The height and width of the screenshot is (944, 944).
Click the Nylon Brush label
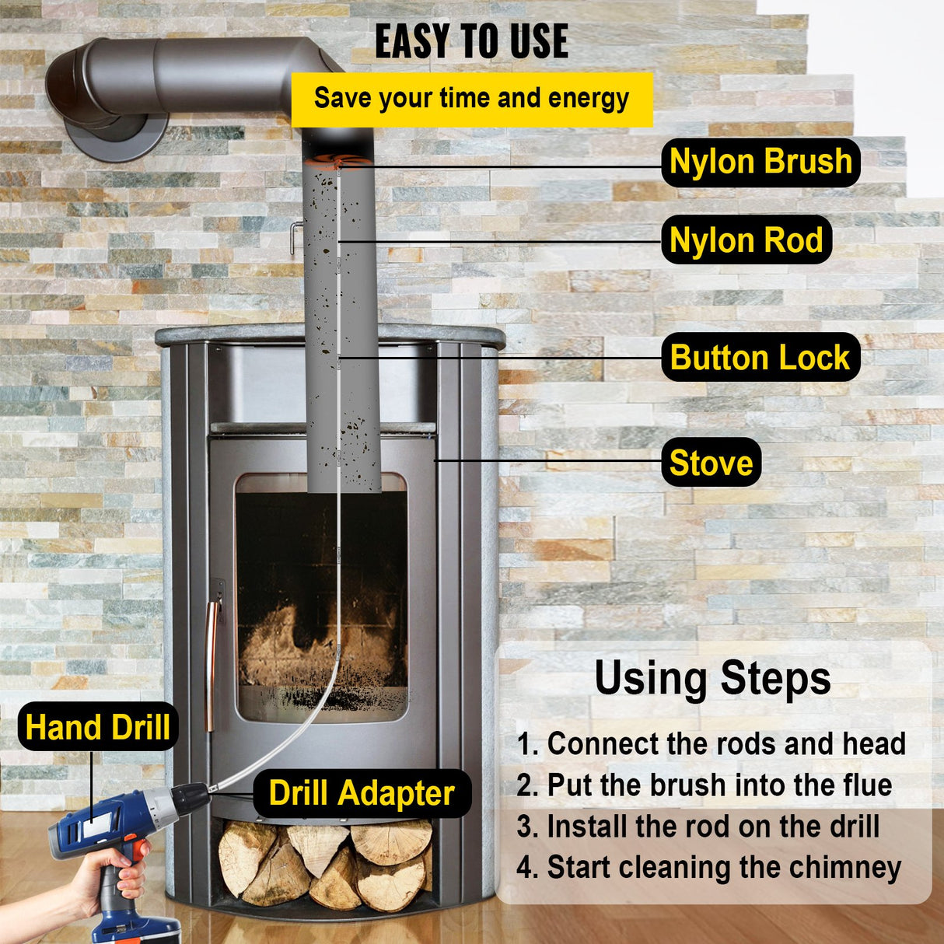click(760, 163)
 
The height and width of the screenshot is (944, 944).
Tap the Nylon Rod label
click(746, 240)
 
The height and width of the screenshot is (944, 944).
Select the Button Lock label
click(760, 358)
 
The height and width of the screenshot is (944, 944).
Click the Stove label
click(711, 463)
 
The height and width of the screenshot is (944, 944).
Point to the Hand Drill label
click(98, 727)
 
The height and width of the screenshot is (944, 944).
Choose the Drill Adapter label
click(362, 794)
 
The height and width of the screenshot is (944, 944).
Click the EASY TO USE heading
click(471, 42)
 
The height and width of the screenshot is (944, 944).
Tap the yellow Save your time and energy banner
click(471, 100)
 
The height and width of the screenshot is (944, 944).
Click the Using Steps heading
click(712, 678)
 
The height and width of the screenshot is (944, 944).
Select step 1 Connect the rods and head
click(711, 744)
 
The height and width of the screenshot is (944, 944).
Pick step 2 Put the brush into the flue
click(705, 785)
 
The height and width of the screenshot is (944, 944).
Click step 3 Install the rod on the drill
click(698, 827)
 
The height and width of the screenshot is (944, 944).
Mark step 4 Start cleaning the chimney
click(709, 868)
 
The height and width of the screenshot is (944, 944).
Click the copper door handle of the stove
click(210, 666)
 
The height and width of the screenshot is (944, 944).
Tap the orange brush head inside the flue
click(338, 161)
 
